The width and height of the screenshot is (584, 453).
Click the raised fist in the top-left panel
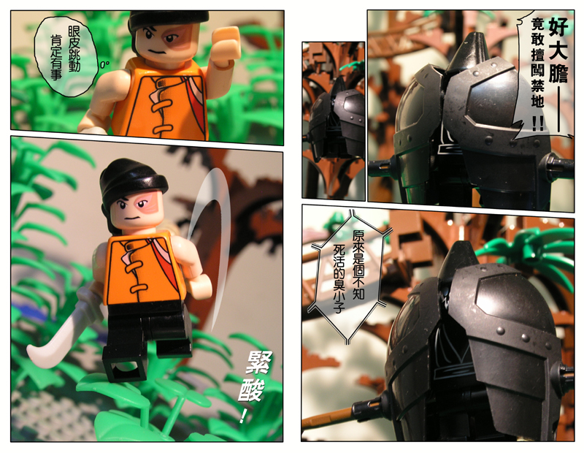point(226,45)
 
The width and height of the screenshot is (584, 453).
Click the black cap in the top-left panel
point(169,20)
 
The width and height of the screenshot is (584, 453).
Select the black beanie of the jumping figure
point(132,180)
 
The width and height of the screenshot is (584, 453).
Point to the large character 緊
point(259,362)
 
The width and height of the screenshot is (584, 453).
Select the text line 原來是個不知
point(358,264)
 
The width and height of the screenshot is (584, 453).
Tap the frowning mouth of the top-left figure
point(155,51)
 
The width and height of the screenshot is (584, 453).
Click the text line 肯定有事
point(56,57)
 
